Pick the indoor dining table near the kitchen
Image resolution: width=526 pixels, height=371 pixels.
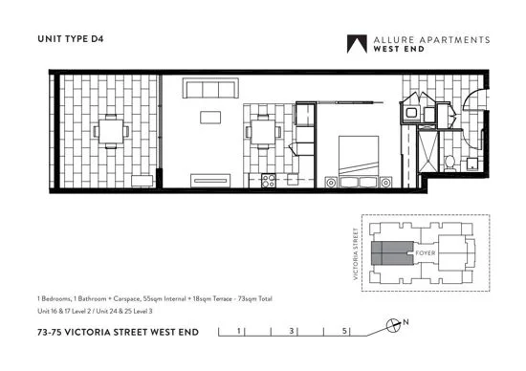pos(262,130)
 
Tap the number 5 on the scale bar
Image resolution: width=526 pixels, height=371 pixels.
pos(343,331)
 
